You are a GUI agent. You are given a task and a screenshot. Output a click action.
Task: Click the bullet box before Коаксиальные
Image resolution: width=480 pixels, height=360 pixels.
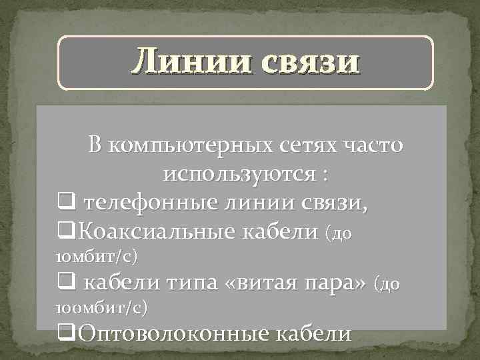point(65,231)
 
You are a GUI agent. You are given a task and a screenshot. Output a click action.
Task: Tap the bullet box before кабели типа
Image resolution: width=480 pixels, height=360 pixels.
point(65,284)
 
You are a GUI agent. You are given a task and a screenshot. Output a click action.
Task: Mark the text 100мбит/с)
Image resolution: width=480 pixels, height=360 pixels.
point(100,308)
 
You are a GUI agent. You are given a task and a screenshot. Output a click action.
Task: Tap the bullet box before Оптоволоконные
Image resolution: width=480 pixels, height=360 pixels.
point(65,332)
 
